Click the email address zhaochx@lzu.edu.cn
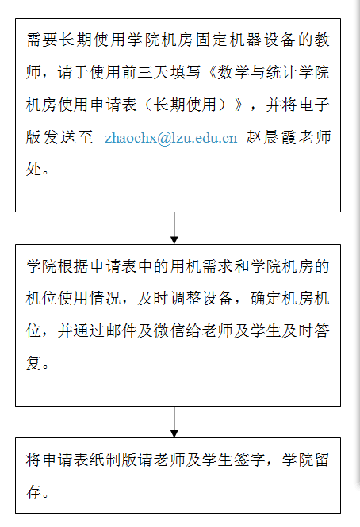coord(171,138)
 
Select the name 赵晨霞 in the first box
coord(271,137)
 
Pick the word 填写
coord(186,73)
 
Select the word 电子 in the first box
coord(314,105)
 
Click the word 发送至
coord(59,137)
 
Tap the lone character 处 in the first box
coord(33,169)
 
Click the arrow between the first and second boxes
coord(174,228)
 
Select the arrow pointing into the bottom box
coord(174,422)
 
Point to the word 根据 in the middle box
coord(74,266)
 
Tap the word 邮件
coord(121,330)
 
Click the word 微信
coord(169,330)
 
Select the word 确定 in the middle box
coord(266,299)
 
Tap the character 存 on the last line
coord(33,491)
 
